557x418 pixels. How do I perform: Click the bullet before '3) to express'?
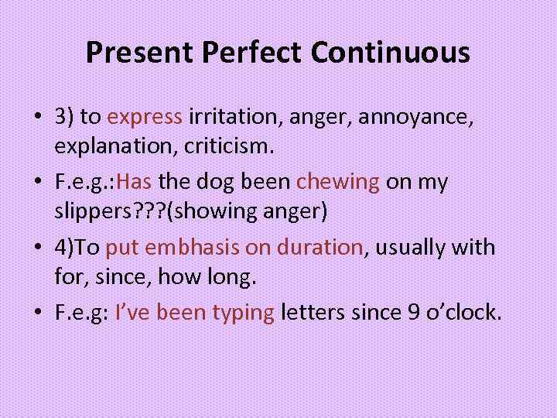(x=37, y=118)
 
